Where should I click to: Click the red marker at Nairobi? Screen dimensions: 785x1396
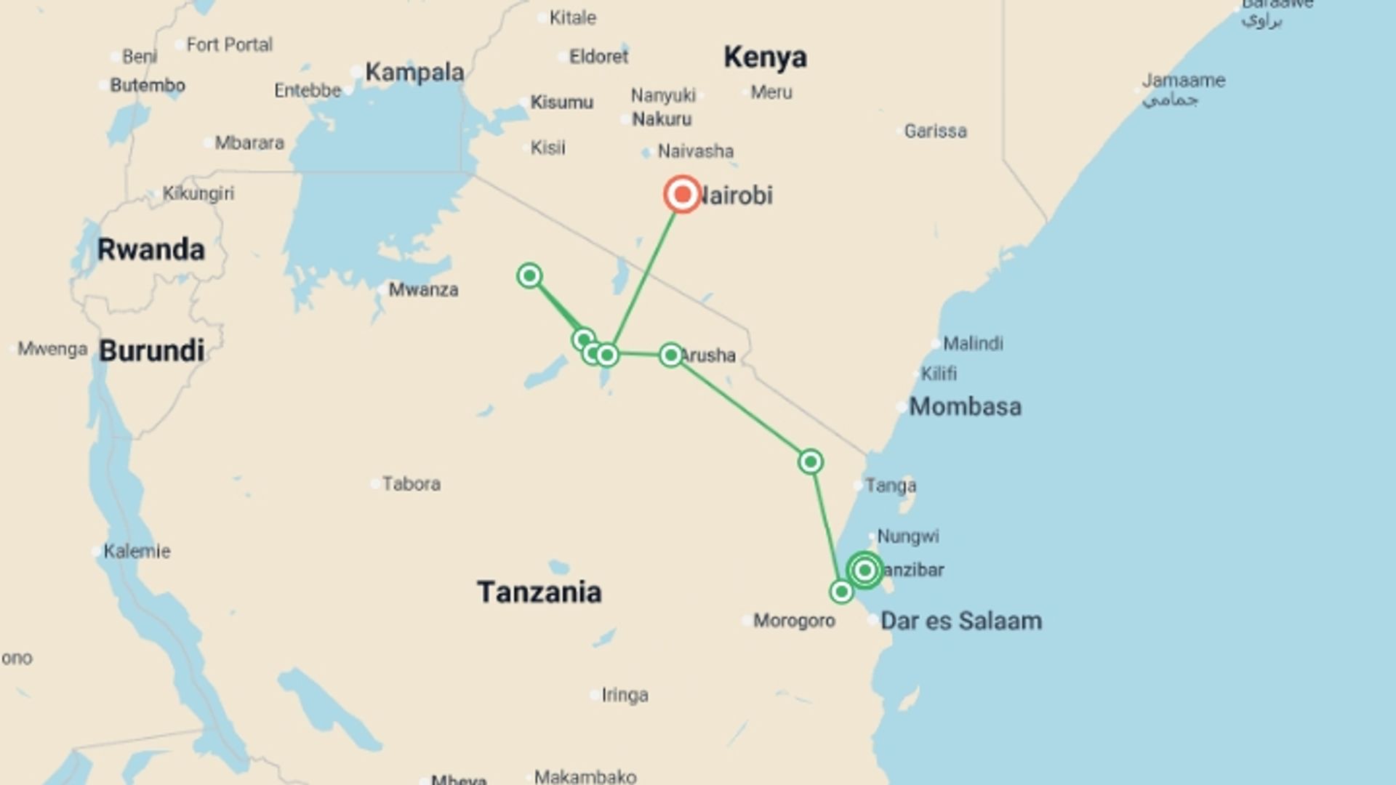pyautogui.click(x=682, y=194)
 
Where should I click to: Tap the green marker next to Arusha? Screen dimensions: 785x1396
pyautogui.click(x=670, y=355)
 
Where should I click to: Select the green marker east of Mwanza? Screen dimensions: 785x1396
pyautogui.click(x=529, y=275)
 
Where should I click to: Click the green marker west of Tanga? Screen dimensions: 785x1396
pyautogui.click(x=810, y=462)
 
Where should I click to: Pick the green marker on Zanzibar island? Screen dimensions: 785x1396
pyautogui.click(x=865, y=570)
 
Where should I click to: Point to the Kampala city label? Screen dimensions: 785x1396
pyautogui.click(x=414, y=72)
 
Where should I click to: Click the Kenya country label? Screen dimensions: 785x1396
pyautogui.click(x=765, y=57)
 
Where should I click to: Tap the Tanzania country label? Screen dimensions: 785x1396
pyautogui.click(x=539, y=592)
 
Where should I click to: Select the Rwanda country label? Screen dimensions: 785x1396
pyautogui.click(x=151, y=249)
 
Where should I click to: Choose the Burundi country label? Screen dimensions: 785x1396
pyautogui.click(x=151, y=350)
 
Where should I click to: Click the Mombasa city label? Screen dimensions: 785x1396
pyautogui.click(x=965, y=406)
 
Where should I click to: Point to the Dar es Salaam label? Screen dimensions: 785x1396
pyautogui.click(x=960, y=621)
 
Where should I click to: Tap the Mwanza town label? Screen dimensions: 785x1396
pyautogui.click(x=423, y=290)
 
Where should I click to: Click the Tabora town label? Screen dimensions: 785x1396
pyautogui.click(x=411, y=483)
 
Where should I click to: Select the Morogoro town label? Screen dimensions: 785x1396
pyautogui.click(x=794, y=621)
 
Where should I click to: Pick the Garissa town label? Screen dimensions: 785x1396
pyautogui.click(x=935, y=131)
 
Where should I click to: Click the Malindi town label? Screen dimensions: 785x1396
pyautogui.click(x=973, y=343)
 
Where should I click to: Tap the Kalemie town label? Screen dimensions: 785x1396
pyautogui.click(x=137, y=551)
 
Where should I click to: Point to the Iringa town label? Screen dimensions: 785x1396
pyautogui.click(x=625, y=695)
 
